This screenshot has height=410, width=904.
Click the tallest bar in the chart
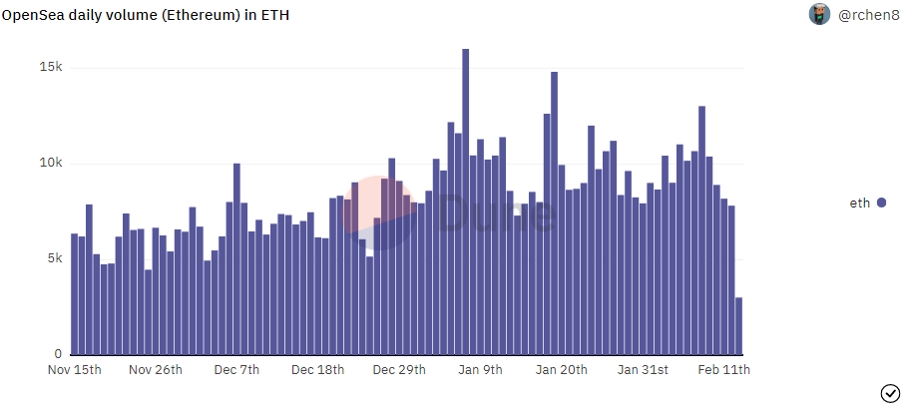pos(465,202)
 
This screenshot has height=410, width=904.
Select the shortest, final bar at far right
pos(738,326)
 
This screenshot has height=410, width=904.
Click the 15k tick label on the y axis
pos(51,68)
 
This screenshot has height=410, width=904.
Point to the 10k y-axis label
pos(51,164)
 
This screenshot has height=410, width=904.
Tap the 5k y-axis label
pos(54,259)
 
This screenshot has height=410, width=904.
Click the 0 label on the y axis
pos(58,354)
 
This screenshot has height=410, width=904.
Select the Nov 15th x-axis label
pos(75,370)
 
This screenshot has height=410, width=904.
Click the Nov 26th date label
pos(156,370)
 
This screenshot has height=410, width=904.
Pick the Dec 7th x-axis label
pos(236,370)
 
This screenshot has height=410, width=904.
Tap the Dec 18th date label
pos(317,370)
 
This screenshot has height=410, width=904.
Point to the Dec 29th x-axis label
pos(399,370)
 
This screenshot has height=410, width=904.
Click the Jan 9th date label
pos(480,370)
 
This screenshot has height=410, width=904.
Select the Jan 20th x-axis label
pos(562,370)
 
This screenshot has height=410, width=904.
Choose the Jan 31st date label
pos(643,370)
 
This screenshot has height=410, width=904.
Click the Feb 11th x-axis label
pos(724,370)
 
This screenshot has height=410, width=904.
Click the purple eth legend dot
pos(881,203)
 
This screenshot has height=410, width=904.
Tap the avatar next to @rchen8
pos(819,14)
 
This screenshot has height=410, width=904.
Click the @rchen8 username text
pos(868,15)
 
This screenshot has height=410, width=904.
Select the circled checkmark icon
pos(890,394)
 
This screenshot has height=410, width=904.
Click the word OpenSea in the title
pos(33,16)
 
